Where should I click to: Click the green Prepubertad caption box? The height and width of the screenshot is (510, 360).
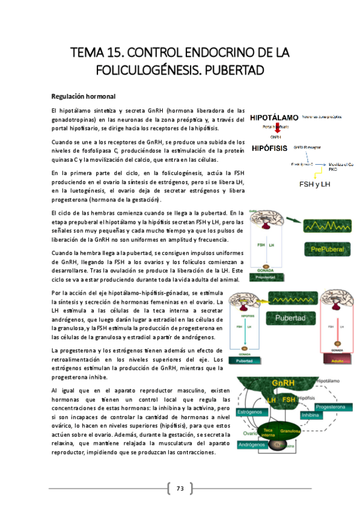click(265, 278)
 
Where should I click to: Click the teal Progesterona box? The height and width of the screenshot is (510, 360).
click(332, 407)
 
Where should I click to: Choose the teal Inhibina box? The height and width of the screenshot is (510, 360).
click(311, 414)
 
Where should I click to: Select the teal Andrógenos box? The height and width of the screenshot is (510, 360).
click(253, 445)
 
